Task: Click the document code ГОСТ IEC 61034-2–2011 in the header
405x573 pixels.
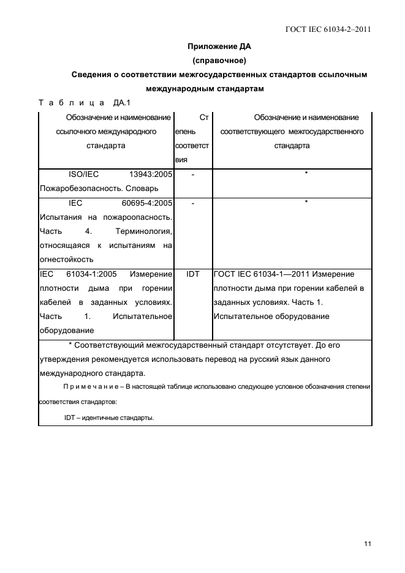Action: click(328, 29)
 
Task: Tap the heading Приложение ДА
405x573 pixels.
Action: click(219, 47)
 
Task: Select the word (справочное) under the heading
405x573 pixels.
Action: click(219, 61)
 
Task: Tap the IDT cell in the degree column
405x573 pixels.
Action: click(193, 274)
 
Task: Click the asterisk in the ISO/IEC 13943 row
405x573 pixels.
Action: click(306, 174)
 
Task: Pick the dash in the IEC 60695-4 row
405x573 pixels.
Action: click(193, 203)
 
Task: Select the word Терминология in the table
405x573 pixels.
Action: click(143, 231)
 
